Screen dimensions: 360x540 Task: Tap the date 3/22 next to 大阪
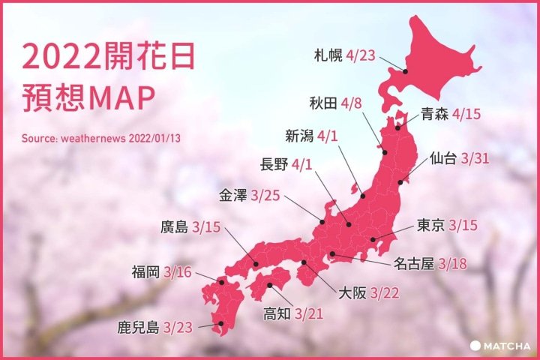[x=382, y=292]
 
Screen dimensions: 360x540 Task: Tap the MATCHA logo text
[x=508, y=346]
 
